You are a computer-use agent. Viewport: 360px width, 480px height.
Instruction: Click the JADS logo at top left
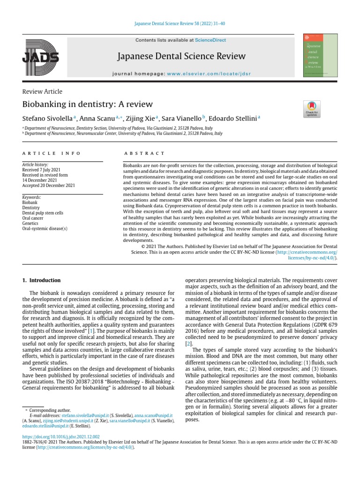point(40,56)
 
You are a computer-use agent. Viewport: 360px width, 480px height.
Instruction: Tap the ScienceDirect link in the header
point(210,40)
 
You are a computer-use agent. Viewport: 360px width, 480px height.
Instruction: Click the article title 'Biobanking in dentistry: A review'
point(87,104)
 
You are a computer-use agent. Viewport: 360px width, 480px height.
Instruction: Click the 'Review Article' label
point(42,91)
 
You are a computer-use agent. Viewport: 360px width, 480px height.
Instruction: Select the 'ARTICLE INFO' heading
point(52,153)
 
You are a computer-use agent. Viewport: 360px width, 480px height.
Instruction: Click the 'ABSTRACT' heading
point(144,153)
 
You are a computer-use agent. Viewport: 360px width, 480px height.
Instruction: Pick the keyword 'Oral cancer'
point(35,218)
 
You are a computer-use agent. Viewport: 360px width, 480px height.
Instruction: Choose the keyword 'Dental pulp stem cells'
point(43,213)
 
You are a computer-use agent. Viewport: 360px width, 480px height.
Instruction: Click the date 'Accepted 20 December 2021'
point(48,186)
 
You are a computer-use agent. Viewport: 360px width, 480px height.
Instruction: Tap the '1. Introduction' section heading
point(42,280)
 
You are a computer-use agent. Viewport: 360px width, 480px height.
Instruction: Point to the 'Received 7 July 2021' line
point(41,170)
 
